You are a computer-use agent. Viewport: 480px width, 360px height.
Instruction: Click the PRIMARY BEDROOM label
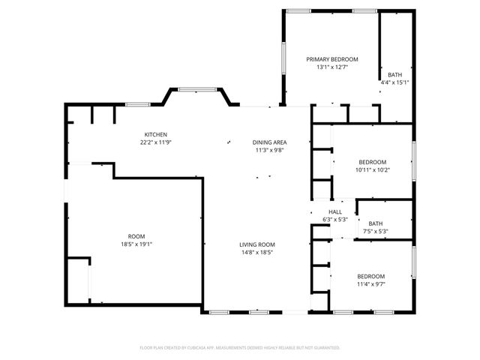[x=332, y=59]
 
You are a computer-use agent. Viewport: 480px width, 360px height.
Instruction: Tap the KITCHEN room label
[x=156, y=134]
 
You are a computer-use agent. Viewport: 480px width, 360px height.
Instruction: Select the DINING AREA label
[x=270, y=142]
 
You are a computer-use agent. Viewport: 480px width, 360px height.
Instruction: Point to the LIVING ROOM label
[x=257, y=244]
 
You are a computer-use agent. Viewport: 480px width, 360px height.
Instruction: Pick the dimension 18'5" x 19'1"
[x=141, y=244]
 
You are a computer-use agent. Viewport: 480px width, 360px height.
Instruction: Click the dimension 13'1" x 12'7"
[x=332, y=67]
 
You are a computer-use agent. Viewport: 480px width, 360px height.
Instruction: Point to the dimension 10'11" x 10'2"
[x=373, y=169]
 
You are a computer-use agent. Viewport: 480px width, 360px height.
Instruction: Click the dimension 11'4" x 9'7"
[x=371, y=283]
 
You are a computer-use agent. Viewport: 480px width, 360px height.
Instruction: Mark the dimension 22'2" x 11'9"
[x=156, y=142]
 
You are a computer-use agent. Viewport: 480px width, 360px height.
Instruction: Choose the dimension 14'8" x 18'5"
[x=257, y=253]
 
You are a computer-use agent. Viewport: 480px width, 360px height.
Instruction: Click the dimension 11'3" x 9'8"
[x=270, y=150]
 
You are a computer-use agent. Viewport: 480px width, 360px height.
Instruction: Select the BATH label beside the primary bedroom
[x=395, y=74]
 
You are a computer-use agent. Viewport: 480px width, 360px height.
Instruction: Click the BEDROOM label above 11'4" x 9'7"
[x=371, y=276]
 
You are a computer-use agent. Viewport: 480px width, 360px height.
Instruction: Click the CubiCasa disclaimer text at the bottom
[x=240, y=347]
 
